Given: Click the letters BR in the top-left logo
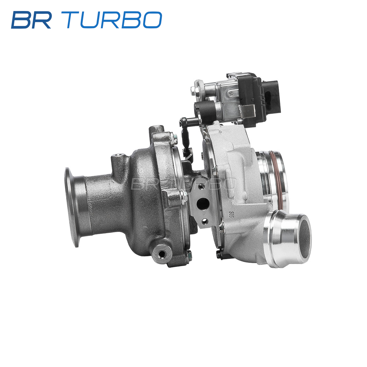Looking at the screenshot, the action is (31, 20).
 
